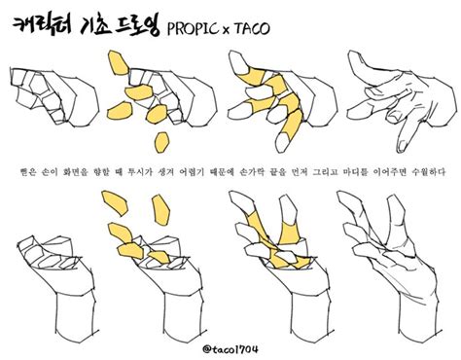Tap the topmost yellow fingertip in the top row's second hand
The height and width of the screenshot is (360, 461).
click(x=119, y=66)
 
